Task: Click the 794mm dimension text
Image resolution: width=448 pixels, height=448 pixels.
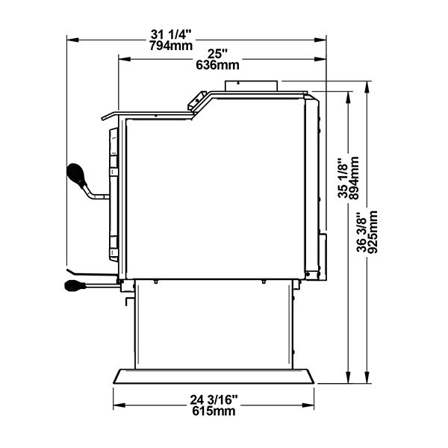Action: point(171,46)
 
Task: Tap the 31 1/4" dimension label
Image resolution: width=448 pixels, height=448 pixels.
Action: point(170,35)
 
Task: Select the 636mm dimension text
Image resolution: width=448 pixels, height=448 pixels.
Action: point(217,65)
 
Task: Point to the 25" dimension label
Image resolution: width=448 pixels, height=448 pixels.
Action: point(217,54)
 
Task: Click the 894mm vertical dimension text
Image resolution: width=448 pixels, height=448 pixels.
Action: point(354,178)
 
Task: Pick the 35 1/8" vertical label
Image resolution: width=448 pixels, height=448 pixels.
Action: point(343,178)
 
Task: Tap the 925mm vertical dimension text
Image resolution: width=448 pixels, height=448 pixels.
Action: point(373,232)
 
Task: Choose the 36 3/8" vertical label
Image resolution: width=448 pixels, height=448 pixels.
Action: point(362,232)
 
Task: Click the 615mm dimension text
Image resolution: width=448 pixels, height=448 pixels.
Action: point(214,411)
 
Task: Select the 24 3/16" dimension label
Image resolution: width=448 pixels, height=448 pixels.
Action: point(214,400)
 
